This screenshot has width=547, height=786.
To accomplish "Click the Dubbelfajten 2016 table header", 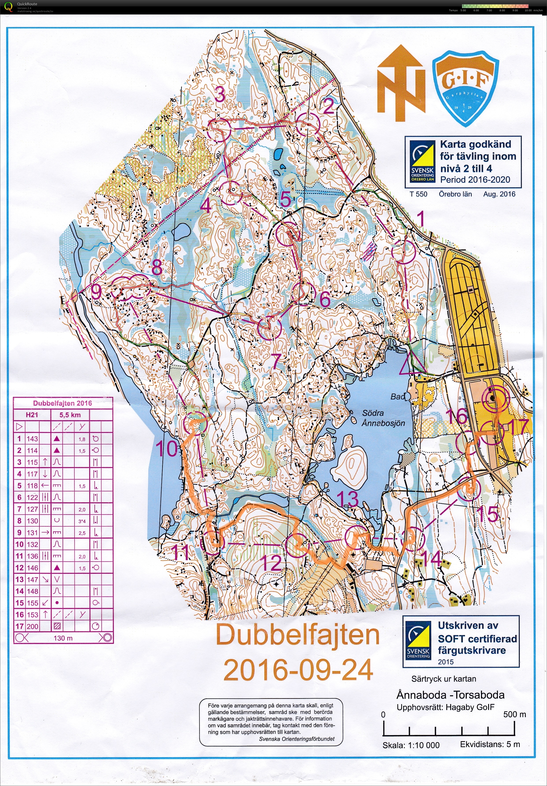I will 62,403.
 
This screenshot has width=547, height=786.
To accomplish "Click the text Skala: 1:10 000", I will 411,745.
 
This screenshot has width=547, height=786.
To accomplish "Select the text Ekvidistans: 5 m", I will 490,744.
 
